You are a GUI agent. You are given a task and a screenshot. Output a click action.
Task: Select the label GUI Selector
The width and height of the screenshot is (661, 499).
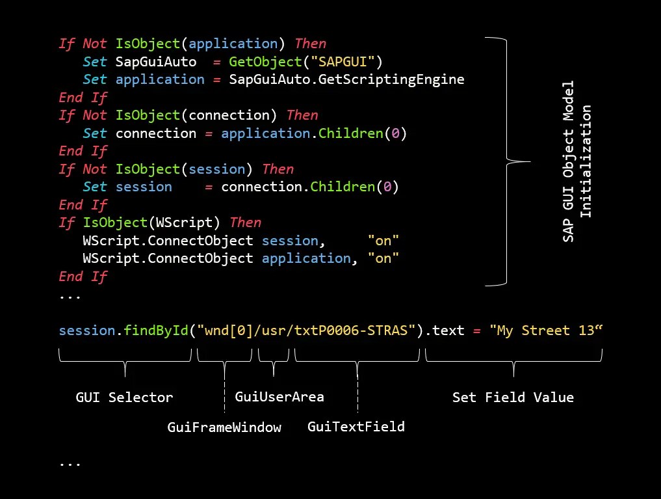[x=125, y=398]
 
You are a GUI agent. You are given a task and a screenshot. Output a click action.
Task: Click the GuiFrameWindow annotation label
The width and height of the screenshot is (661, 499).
[x=224, y=427]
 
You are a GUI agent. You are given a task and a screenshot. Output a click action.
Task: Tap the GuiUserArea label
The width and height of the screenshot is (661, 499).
[x=279, y=397]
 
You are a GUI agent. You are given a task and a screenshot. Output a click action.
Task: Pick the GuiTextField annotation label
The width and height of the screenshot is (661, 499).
[x=356, y=427]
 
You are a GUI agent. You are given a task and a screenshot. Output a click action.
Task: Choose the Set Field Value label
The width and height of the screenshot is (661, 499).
[x=513, y=398]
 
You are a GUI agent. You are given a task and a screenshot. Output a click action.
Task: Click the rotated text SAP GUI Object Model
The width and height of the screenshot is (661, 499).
[x=568, y=161]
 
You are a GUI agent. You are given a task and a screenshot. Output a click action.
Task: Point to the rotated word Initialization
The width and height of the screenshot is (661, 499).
[x=586, y=161]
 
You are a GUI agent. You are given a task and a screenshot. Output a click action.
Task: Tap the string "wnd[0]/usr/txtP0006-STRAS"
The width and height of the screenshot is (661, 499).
[x=310, y=330]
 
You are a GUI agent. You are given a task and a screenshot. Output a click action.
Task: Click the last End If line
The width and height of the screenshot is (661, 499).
[x=83, y=276]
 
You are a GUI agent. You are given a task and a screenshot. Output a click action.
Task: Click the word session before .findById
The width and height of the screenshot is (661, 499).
[x=87, y=330]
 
